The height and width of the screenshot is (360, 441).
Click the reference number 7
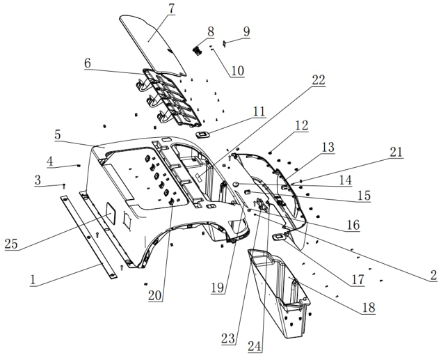[172, 10]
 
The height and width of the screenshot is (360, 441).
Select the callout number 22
[318, 80]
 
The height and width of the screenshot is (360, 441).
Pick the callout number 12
[301, 125]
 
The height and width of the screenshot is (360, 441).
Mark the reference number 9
[246, 32]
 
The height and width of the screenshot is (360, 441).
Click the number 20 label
[154, 295]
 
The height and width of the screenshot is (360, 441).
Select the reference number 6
[87, 63]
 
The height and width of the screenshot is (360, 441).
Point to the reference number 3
[38, 181]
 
